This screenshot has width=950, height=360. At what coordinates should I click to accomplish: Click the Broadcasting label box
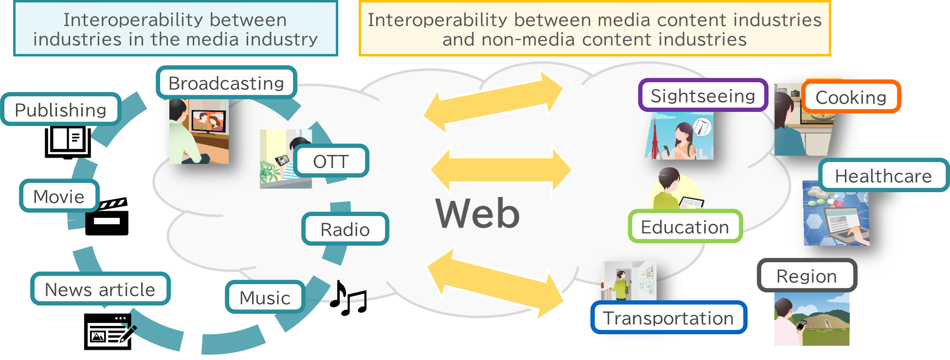point(226,83)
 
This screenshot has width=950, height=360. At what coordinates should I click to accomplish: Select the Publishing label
point(61,109)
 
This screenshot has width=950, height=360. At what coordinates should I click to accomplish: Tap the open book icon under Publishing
point(68,143)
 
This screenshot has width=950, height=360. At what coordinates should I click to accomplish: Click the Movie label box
point(59,196)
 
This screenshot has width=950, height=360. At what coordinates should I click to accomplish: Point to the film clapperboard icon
point(107,216)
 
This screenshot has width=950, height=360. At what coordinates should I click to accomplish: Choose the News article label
point(100,289)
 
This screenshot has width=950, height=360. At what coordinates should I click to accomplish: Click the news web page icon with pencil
point(110,331)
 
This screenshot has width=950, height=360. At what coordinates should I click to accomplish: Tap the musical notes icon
point(348,298)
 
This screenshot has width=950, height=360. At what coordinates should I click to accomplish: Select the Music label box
point(265,297)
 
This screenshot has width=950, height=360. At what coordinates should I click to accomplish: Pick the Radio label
point(345,229)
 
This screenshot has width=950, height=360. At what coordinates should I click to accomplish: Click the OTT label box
point(331,161)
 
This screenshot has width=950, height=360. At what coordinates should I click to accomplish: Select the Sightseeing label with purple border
point(703,95)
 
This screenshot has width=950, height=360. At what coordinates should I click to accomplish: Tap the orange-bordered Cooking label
point(851,97)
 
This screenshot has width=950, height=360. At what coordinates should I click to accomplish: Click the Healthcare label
point(883,175)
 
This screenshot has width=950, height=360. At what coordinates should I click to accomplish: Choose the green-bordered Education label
point(685,226)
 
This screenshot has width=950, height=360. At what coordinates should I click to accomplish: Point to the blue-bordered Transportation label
point(669,317)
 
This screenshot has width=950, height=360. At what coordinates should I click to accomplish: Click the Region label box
point(807,275)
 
